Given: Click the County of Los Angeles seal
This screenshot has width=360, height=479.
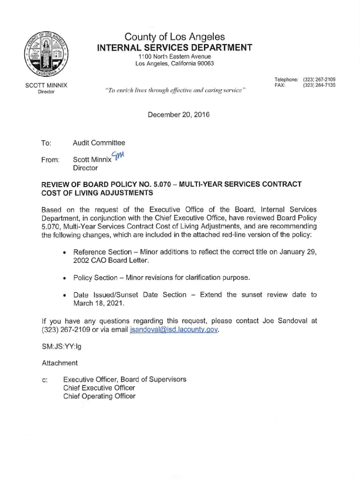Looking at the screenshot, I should click(46, 54).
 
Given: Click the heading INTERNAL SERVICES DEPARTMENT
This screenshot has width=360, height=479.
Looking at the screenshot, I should click(174, 48).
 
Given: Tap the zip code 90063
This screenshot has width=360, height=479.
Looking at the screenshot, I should click(205, 64).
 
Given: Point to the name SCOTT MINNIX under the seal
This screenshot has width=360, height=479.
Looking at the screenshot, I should click(46, 86).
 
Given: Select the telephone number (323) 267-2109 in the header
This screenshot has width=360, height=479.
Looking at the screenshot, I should click(319, 80).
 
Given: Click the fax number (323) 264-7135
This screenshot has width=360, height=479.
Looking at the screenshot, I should click(319, 85).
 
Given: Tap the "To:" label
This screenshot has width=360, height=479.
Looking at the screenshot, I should click(46, 143).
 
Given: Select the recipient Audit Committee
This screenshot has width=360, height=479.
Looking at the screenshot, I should click(99, 143).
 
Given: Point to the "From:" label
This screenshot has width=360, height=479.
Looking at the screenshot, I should click(50, 160).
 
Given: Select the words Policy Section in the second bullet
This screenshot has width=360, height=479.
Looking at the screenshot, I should click(95, 278).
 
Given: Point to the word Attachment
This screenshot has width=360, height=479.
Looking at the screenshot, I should click(60, 363).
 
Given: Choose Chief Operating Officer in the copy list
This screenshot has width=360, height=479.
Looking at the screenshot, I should click(99, 396).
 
